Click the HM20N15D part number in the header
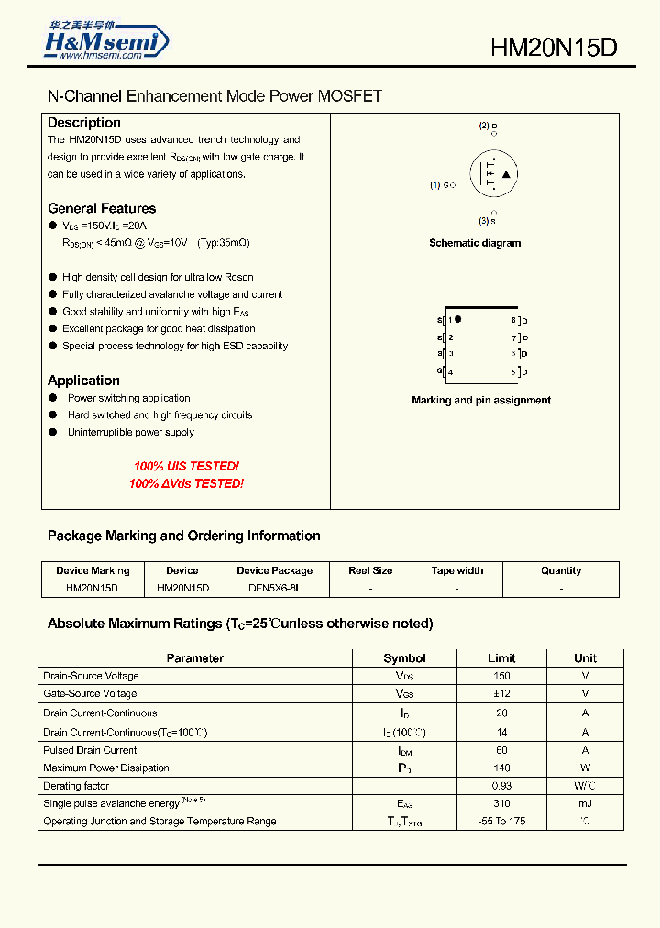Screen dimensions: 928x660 (554, 49)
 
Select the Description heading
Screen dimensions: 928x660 (84, 123)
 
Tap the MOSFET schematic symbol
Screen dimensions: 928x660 (493, 173)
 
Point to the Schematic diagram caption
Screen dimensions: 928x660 (475, 243)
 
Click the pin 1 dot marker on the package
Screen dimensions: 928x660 (458, 319)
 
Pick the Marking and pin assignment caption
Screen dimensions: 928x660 (481, 400)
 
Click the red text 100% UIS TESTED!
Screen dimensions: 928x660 (186, 467)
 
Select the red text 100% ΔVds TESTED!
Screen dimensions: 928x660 (186, 483)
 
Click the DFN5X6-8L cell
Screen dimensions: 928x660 (274, 587)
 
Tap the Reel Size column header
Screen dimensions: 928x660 (370, 570)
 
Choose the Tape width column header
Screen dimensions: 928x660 (456, 570)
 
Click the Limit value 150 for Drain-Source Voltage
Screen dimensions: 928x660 (501, 676)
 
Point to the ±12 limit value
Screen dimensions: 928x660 (501, 694)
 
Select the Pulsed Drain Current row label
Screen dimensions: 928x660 (90, 750)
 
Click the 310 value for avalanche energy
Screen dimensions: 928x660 (501, 803)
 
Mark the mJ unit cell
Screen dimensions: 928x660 (585, 803)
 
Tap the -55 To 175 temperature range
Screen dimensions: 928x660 (501, 821)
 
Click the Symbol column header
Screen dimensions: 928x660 (404, 657)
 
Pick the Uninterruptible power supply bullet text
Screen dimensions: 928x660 (131, 432)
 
